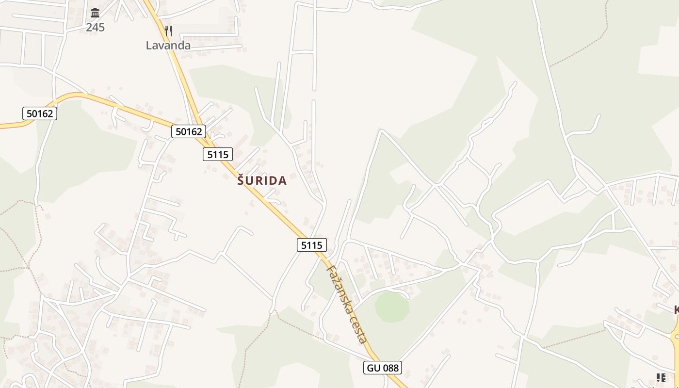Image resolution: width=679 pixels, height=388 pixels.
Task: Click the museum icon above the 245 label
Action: [95, 13]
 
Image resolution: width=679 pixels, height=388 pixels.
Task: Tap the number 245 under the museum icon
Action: [95, 27]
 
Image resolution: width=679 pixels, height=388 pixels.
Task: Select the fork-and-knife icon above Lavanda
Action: [168, 31]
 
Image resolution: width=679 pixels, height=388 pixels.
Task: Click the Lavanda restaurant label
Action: [168, 46]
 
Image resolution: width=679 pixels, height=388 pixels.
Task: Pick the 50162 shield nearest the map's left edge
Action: [40, 113]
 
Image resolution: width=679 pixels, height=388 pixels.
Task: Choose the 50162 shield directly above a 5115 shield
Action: [189, 131]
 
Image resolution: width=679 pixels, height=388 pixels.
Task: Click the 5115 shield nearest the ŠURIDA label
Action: [218, 154]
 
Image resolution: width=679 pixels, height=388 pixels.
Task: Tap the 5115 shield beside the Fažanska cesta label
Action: [311, 245]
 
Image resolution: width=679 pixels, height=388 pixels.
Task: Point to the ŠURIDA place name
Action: [262, 181]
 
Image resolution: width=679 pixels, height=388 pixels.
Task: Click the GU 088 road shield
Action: [383, 368]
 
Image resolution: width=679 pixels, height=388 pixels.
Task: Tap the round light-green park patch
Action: [392, 307]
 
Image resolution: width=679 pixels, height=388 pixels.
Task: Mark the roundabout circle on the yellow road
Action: [677, 336]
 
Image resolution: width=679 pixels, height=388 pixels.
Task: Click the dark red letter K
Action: [676, 310]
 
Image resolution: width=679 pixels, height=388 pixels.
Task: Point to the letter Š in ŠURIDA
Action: [241, 181]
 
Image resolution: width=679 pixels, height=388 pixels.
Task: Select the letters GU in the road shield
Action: [373, 368]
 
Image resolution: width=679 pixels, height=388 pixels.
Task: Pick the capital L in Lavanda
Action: [149, 46]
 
